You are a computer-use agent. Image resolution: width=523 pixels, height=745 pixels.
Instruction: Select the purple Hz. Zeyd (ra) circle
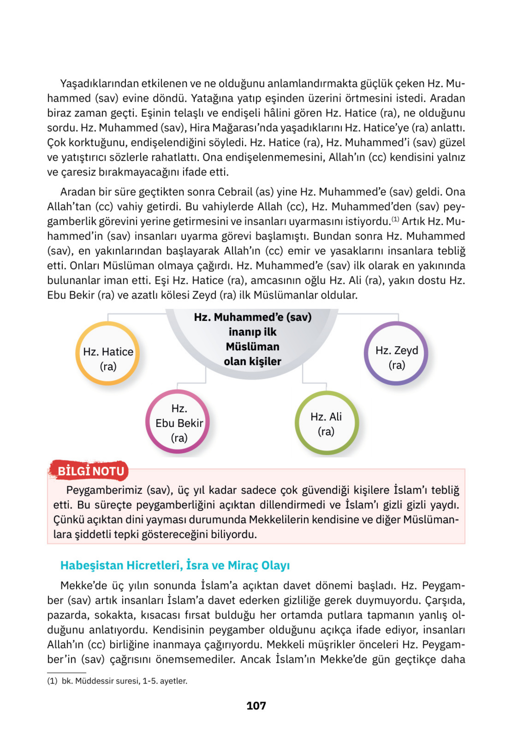[x=396, y=353]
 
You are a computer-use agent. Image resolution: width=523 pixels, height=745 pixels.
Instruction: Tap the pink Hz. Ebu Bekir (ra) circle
[x=178, y=421]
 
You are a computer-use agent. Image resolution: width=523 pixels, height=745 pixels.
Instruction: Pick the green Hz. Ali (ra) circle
[x=326, y=423]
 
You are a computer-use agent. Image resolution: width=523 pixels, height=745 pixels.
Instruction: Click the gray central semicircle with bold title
[x=252, y=339]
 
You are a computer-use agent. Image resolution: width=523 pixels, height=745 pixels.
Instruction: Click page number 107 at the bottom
[x=256, y=706]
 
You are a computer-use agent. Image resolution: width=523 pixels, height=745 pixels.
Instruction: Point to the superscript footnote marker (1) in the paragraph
[x=395, y=219]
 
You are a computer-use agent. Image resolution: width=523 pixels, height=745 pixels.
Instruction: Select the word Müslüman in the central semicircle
[x=252, y=347]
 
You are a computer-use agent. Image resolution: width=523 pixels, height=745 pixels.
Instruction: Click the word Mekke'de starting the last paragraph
[x=83, y=586]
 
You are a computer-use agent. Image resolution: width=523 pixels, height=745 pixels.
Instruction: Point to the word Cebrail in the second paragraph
[x=235, y=192]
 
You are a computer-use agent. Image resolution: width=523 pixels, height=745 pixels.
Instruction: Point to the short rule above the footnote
[x=66, y=673]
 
